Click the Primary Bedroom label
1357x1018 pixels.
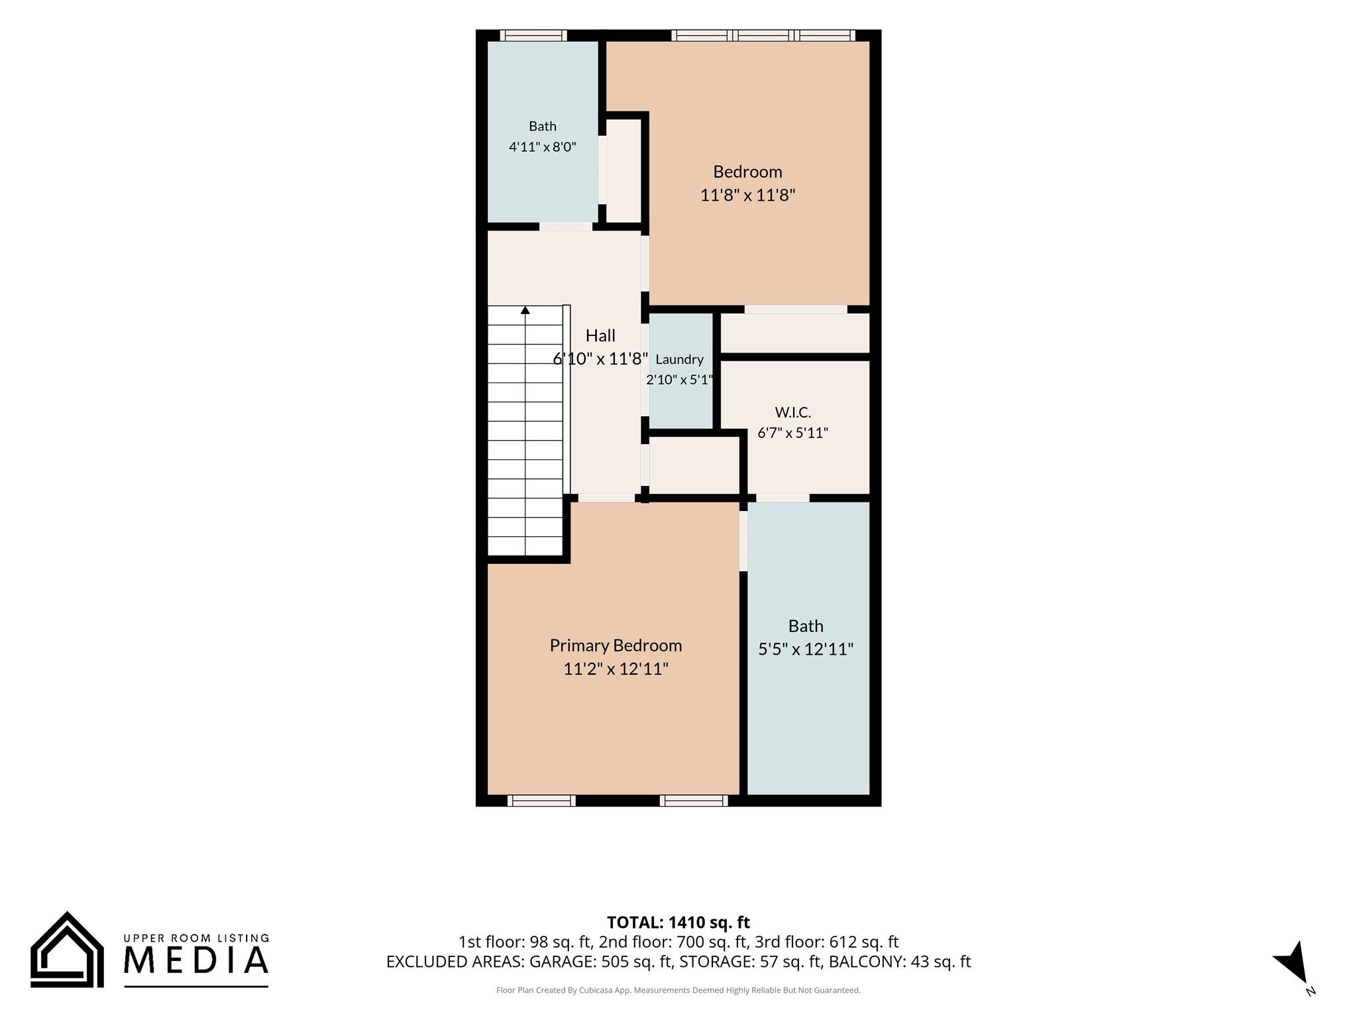616,646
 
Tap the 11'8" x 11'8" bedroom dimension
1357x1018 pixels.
747,195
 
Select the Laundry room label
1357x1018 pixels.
679,359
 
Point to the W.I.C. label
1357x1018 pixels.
792,412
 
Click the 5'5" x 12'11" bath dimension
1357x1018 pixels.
806,649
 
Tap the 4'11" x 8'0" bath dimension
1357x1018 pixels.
543,146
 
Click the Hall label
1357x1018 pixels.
600,335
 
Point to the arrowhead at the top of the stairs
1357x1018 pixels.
525,310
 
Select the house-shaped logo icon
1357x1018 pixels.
67,949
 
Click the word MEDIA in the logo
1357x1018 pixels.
196,960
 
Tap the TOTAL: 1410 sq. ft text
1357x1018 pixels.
678,922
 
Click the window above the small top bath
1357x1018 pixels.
533,35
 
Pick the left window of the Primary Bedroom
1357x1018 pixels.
541,801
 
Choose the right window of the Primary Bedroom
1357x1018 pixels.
694,801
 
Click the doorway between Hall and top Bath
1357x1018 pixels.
565,227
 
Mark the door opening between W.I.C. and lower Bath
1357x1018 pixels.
783,498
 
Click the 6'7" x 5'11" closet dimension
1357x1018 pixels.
792,433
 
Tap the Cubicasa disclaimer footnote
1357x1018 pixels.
678,990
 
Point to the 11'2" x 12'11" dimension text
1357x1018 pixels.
616,669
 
